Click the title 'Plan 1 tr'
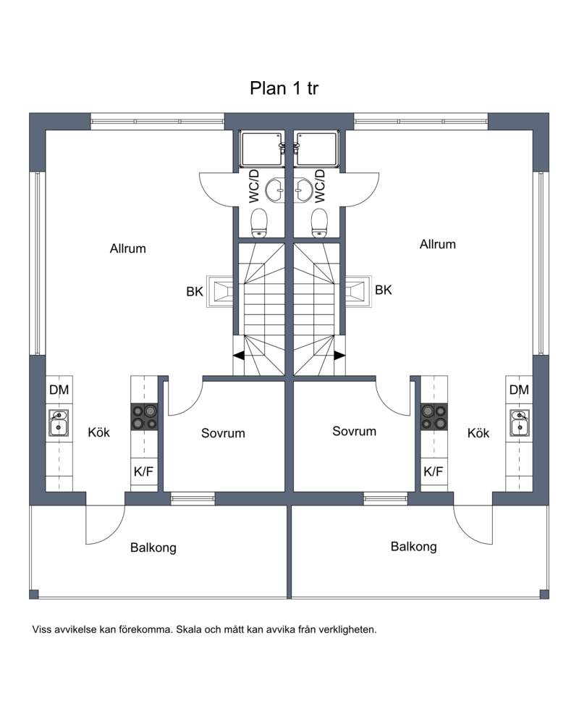(x=284, y=88)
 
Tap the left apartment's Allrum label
(x=128, y=248)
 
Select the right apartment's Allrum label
(x=438, y=244)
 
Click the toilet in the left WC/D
(x=260, y=223)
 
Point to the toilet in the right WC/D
(x=319, y=223)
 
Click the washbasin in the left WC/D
(x=276, y=190)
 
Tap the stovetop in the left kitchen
(x=145, y=416)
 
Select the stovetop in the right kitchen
(x=434, y=416)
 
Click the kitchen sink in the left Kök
(x=59, y=423)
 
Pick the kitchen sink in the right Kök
(x=520, y=423)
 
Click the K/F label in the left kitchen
(x=143, y=471)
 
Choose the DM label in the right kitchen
(x=519, y=390)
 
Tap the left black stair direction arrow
(x=239, y=356)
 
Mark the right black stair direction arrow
(x=339, y=356)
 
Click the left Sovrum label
(x=223, y=433)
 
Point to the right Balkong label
(x=413, y=547)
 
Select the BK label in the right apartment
(x=384, y=290)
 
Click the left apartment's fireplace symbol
(x=220, y=291)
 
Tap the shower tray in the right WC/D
(x=317, y=149)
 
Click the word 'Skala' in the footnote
(x=189, y=629)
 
